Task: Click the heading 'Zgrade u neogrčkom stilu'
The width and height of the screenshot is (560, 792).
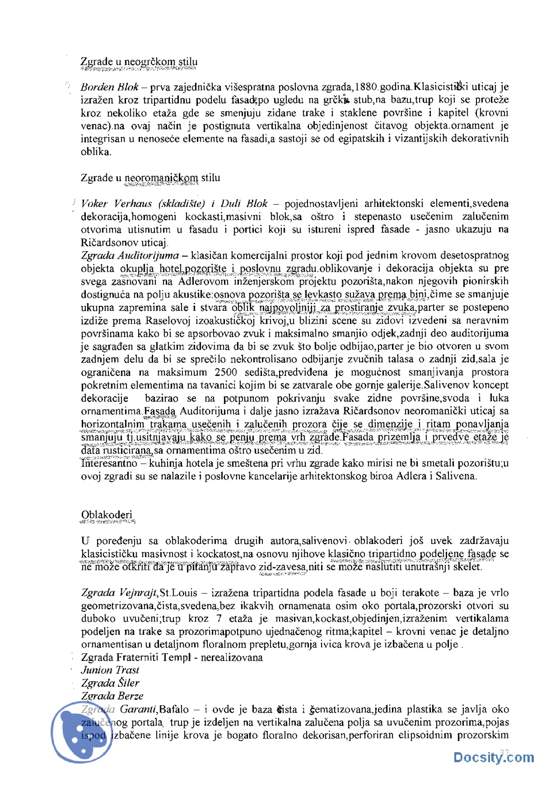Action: click(x=139, y=62)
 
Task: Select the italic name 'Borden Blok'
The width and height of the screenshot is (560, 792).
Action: click(x=109, y=87)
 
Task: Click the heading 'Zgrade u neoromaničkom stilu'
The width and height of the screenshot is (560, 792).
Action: click(x=150, y=178)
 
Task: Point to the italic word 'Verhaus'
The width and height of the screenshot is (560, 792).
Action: click(x=133, y=203)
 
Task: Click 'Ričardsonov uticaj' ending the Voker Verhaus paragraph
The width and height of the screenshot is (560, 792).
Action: click(x=124, y=242)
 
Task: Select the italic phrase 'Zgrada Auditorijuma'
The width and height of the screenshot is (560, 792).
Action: click(x=130, y=256)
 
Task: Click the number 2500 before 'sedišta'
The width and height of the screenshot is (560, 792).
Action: click(x=226, y=372)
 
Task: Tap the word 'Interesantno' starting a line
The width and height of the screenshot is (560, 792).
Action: click(x=109, y=463)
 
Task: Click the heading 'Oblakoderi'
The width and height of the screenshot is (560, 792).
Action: click(x=106, y=515)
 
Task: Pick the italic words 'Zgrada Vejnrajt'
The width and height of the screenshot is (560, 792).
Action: click(x=119, y=593)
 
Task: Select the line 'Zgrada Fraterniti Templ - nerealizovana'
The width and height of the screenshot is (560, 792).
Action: click(x=171, y=658)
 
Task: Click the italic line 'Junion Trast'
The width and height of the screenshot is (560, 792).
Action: click(x=110, y=670)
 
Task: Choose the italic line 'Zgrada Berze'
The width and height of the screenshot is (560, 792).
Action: click(x=112, y=696)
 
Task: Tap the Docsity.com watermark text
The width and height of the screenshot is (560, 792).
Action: click(x=493, y=757)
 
